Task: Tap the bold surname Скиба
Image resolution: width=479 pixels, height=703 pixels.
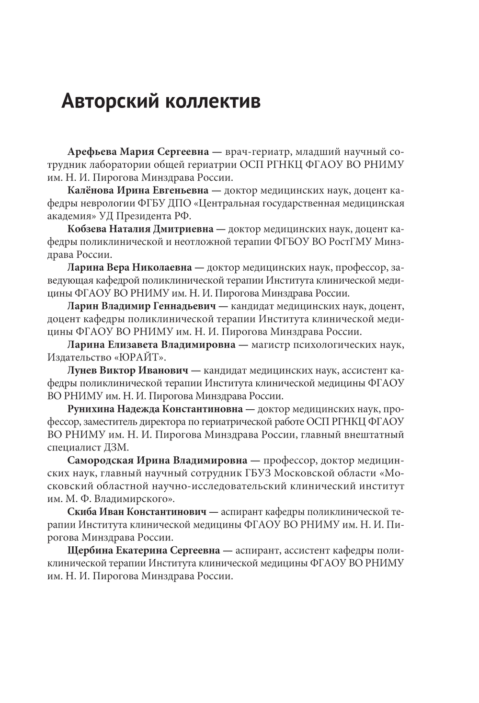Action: pyautogui.click(x=82, y=512)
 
